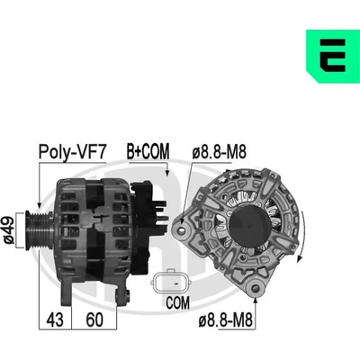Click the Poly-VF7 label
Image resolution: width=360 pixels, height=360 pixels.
[x=72, y=152]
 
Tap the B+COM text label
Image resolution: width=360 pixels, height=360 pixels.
[x=148, y=151]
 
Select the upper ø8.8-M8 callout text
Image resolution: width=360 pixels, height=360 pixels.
[x=219, y=152]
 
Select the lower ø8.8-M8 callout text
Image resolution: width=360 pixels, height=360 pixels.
[x=225, y=320]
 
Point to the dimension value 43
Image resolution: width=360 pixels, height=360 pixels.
[x=55, y=319]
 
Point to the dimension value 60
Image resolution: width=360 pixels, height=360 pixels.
[x=94, y=319]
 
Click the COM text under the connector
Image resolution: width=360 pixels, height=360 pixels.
[x=178, y=303]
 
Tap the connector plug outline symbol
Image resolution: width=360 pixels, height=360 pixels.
[x=170, y=282]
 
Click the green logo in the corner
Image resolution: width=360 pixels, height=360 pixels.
[x=333, y=56]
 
